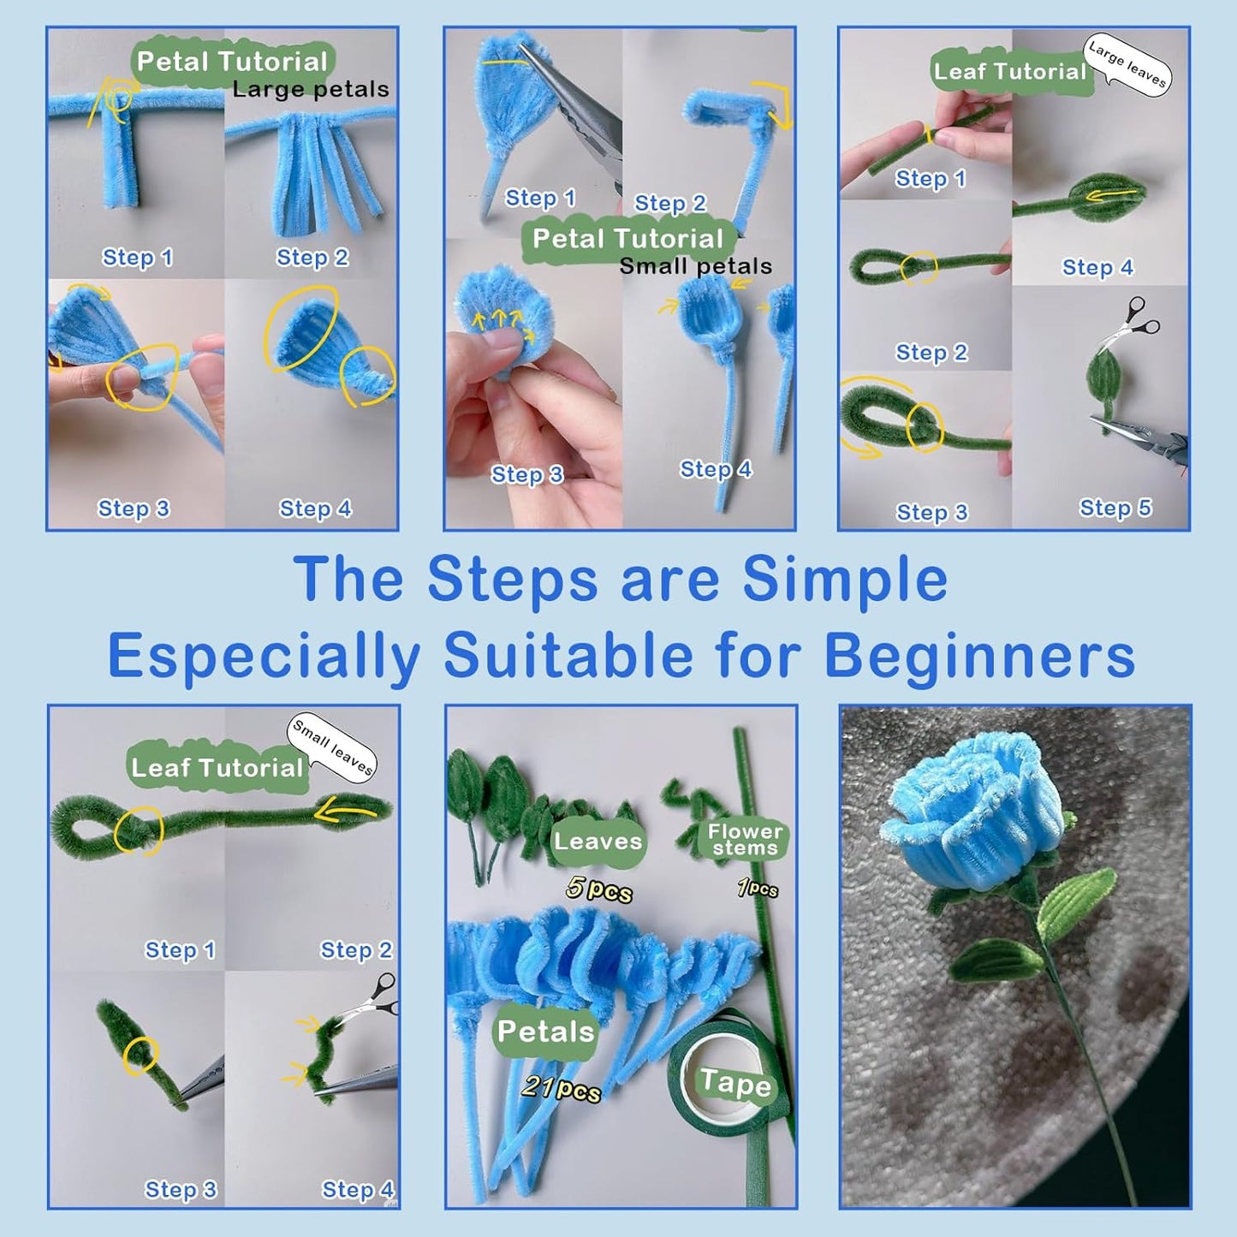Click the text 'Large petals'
pos(310,89)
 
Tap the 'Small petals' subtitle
pos(695,266)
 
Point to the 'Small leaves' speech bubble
pos(332,746)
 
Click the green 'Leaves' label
pos(598,842)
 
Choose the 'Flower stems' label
pos(745,840)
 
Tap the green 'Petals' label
pos(545,1032)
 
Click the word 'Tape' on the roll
pos(735,1083)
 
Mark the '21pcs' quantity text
pos(561,1088)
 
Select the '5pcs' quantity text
pos(599,890)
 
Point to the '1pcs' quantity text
pos(758,889)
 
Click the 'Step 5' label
pos(1115,508)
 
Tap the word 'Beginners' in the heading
pos(979,657)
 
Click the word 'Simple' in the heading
pos(845,580)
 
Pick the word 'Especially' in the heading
pos(264,657)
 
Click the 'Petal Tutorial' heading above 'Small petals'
pos(627,239)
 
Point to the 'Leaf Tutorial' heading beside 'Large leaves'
pos(1009,72)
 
